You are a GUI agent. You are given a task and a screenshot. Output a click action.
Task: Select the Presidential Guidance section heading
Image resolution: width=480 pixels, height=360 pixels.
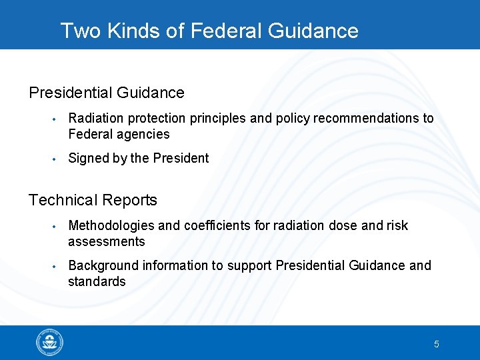pyautogui.click(x=107, y=93)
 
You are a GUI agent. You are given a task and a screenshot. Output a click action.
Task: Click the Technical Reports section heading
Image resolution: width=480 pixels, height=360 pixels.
pyautogui.click(x=93, y=200)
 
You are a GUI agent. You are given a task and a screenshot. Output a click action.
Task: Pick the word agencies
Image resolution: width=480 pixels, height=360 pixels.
pyautogui.click(x=143, y=135)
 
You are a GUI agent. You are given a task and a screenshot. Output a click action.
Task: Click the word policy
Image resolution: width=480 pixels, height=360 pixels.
pyautogui.click(x=294, y=119)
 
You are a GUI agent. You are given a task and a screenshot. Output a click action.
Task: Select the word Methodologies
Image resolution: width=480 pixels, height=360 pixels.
pyautogui.click(x=111, y=226)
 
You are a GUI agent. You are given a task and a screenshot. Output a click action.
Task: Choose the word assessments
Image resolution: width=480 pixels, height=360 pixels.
pyautogui.click(x=106, y=242)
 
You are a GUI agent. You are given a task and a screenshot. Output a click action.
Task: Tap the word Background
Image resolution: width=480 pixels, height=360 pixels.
pyautogui.click(x=103, y=266)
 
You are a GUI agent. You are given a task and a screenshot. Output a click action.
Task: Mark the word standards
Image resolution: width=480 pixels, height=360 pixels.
pyautogui.click(x=97, y=282)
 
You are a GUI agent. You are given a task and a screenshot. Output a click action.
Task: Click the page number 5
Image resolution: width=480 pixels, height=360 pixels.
pyautogui.click(x=437, y=345)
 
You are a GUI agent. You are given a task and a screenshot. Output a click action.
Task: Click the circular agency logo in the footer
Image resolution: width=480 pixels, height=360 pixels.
pyautogui.click(x=50, y=343)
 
